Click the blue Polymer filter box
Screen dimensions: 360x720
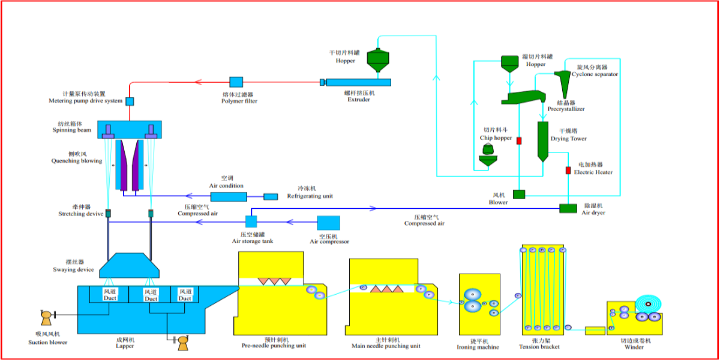[x=236, y=82]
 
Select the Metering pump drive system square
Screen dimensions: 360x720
[x=129, y=101]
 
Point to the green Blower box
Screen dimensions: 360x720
[x=518, y=194]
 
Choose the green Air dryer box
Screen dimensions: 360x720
[x=568, y=208]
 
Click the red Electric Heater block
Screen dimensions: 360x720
[x=568, y=170]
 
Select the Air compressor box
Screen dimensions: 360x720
[x=328, y=223]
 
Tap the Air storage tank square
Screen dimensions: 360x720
[x=251, y=221]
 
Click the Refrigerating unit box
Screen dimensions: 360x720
[x=271, y=197]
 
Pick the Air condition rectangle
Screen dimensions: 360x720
[x=229, y=197]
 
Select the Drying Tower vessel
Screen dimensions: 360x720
[x=542, y=141]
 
